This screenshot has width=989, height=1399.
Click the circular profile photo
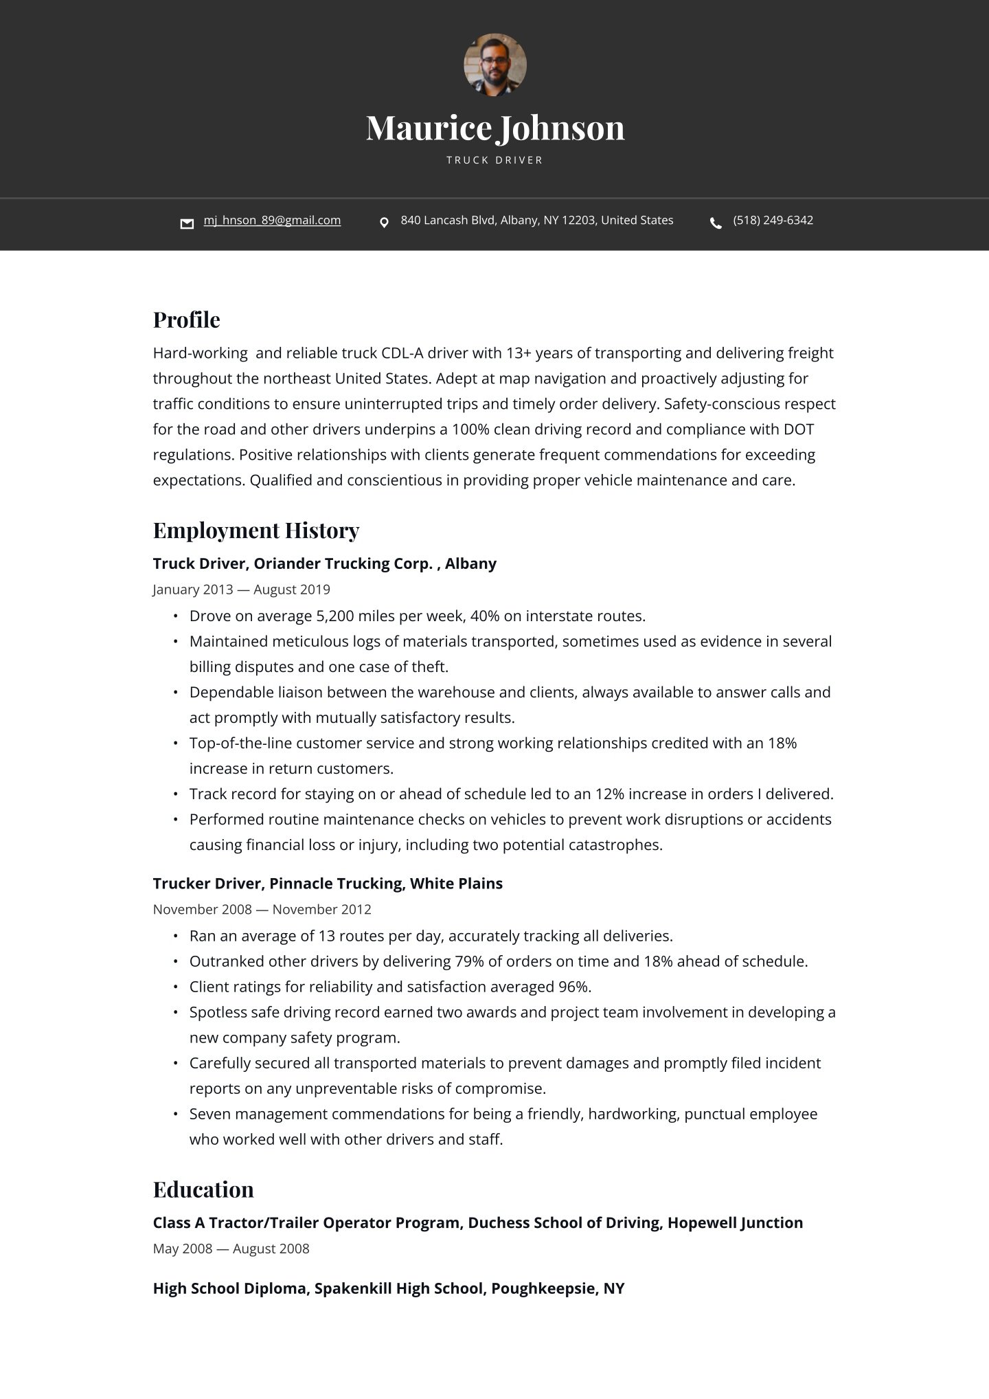pyautogui.click(x=494, y=65)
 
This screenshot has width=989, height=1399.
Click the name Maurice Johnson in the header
pyautogui.click(x=494, y=128)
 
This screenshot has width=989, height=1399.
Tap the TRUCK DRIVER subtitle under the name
pyautogui.click(x=494, y=160)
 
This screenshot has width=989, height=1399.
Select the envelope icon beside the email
pyautogui.click(x=187, y=223)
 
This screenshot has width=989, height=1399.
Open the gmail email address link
pyautogui.click(x=272, y=221)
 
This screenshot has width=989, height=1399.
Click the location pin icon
pyautogui.click(x=384, y=223)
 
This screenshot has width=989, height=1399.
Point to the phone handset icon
pyautogui.click(x=716, y=223)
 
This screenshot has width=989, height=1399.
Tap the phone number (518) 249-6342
pyautogui.click(x=773, y=221)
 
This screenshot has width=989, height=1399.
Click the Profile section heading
pyautogui.click(x=186, y=320)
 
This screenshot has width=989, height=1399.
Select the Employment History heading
pyautogui.click(x=256, y=530)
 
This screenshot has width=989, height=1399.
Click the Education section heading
pyautogui.click(x=203, y=1189)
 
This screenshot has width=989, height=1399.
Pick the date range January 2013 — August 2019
pyautogui.click(x=241, y=590)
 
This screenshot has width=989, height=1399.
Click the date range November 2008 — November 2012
pyautogui.click(x=262, y=910)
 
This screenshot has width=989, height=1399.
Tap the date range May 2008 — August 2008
pyautogui.click(x=231, y=1249)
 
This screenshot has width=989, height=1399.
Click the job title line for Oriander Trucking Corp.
pyautogui.click(x=324, y=563)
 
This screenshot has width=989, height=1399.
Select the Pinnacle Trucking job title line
pyautogui.click(x=328, y=884)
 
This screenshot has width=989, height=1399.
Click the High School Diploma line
pyautogui.click(x=388, y=1288)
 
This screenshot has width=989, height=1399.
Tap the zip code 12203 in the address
pyautogui.click(x=578, y=221)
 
